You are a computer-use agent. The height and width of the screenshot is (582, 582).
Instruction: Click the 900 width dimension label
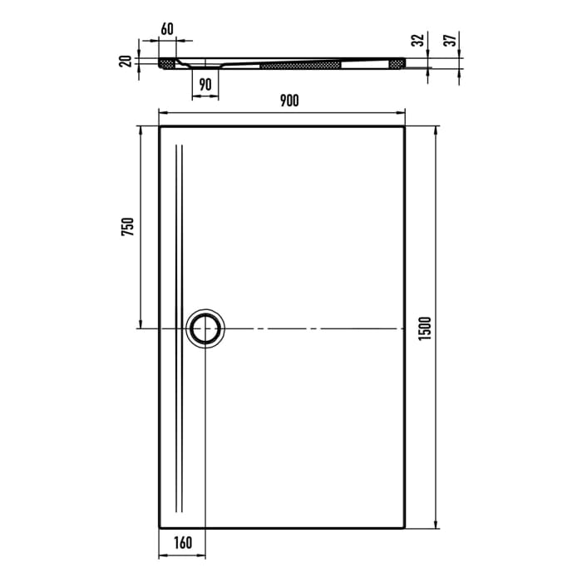coord(289,101)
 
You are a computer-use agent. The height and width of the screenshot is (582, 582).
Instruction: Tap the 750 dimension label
coord(127,227)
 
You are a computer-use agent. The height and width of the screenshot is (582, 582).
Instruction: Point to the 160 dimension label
coord(183,544)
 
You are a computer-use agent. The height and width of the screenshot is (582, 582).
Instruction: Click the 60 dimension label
coord(167,29)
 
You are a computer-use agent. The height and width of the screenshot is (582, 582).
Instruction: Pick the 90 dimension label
coord(205,84)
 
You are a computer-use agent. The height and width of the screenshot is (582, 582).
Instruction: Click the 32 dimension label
coord(418,40)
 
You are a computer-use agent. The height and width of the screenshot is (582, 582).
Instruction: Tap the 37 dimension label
coord(449,40)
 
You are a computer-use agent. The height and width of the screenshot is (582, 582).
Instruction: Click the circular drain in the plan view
coord(205,328)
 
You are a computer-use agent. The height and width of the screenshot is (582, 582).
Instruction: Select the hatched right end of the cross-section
coord(399,62)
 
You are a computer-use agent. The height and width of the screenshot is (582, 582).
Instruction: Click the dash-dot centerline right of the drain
coord(316,328)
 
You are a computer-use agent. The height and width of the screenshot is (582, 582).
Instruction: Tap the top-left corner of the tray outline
coord(160,127)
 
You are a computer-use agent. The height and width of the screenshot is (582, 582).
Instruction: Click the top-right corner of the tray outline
coord(405,127)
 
